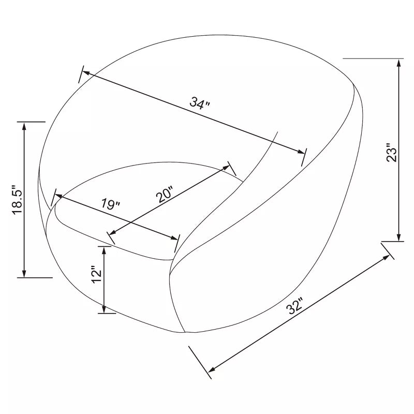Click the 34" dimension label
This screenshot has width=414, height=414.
[x=200, y=103]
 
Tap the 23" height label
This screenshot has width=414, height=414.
[x=392, y=153]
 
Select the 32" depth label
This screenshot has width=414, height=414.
[x=295, y=306]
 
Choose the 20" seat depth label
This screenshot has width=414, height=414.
[x=164, y=194]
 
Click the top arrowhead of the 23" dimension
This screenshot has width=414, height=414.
[x=399, y=63]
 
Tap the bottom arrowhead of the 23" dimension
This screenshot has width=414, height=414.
[x=399, y=237]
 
